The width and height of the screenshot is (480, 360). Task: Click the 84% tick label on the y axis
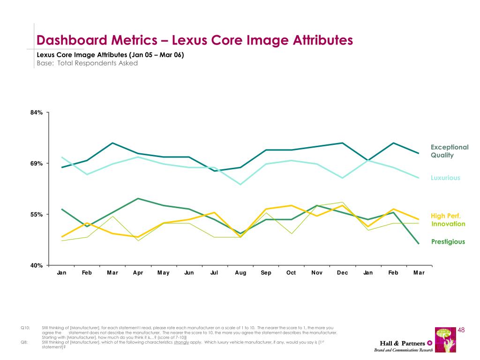point(37,113)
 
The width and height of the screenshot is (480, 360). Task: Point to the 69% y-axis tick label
point(37,164)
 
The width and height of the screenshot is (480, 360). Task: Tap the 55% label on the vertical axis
point(37,215)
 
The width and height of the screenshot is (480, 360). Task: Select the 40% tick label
point(37,266)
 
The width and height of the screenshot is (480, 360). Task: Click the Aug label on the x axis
point(240,273)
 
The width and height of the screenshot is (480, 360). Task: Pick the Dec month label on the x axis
point(343,273)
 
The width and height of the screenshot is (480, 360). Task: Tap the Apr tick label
point(138,273)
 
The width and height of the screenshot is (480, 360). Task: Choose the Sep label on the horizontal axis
point(266,273)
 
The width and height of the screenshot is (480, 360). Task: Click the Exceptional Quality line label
point(449,151)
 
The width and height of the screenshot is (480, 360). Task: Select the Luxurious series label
point(445,178)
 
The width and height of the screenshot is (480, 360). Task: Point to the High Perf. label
point(446,216)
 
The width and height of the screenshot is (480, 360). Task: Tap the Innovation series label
point(448,224)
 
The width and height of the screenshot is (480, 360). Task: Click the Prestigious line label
point(448,242)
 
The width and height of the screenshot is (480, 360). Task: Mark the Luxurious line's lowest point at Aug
point(240,184)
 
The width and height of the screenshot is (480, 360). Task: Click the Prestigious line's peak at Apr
point(138,199)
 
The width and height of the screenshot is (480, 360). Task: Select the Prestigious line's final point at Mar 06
point(419,244)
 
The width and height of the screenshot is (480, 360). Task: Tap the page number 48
point(460,330)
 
